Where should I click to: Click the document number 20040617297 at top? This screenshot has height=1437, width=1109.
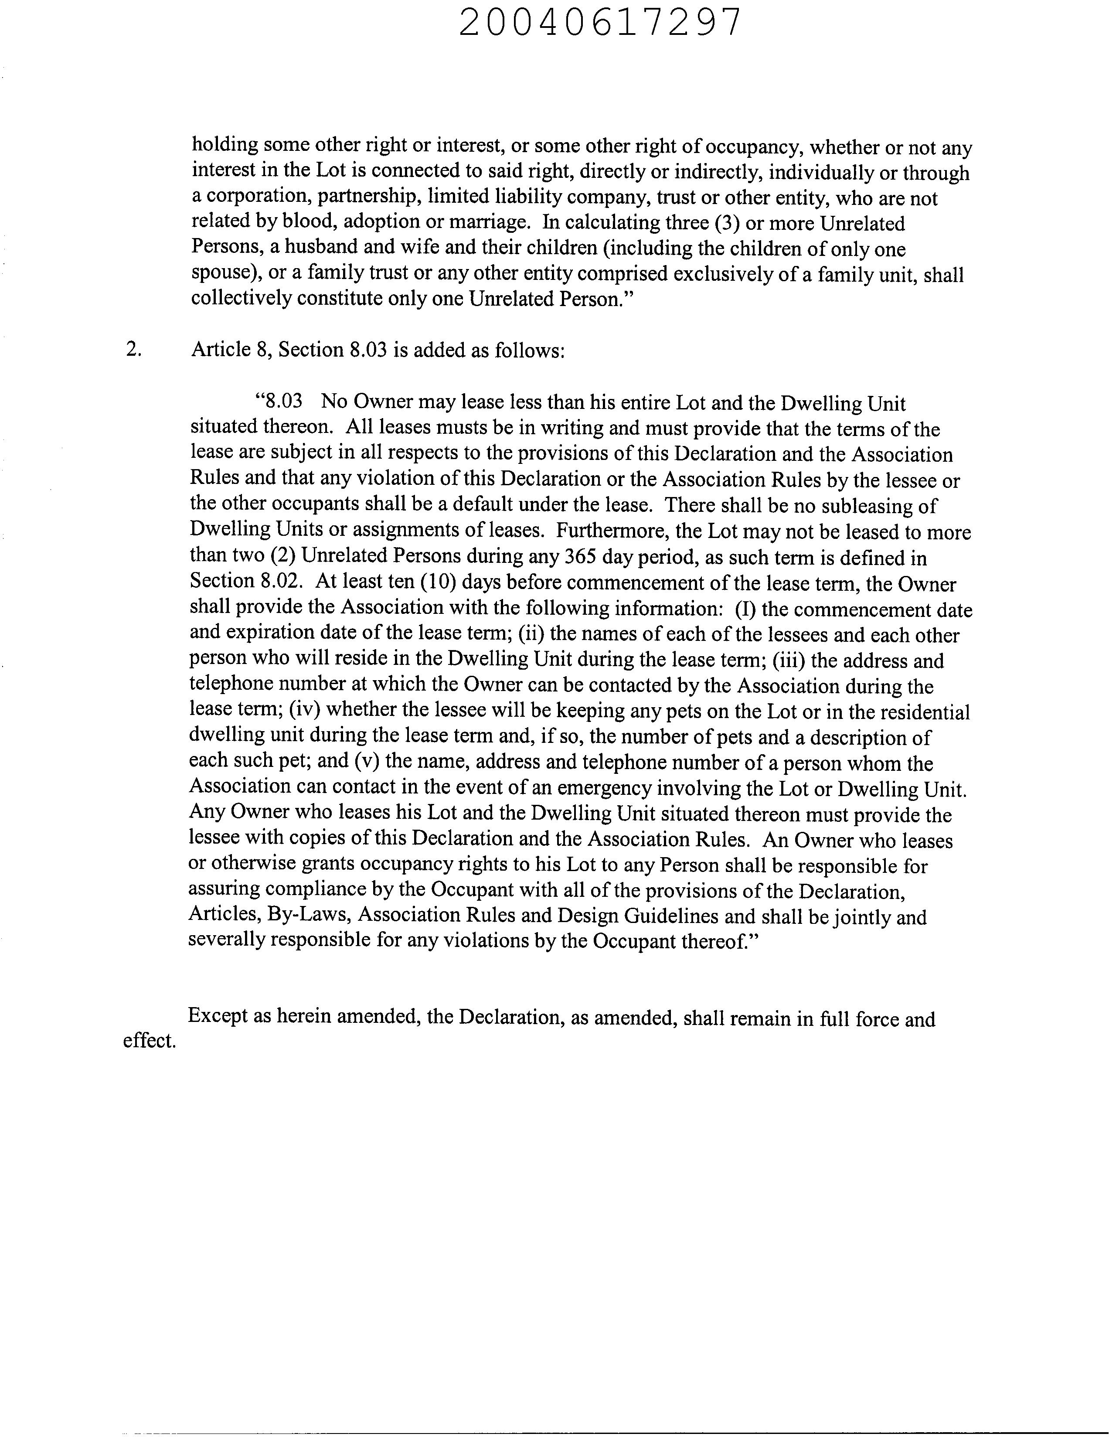click(x=599, y=23)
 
